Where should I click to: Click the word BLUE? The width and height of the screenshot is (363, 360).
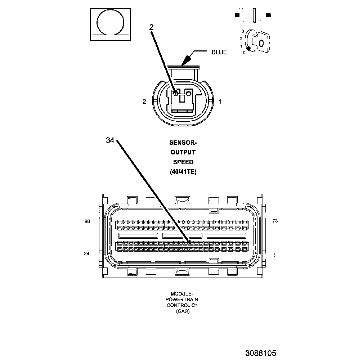tap(219, 53)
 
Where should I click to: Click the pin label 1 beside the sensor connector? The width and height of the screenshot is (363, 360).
tap(220, 102)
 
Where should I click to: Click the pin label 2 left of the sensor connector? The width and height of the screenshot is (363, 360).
tap(144, 102)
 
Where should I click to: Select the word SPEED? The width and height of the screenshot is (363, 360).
tap(183, 162)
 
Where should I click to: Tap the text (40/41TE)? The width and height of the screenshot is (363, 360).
tap(183, 172)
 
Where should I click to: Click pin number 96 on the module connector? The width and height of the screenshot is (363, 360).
tap(87, 221)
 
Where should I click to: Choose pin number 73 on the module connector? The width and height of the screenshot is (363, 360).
tap(275, 221)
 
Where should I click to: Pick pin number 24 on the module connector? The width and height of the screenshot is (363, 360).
tap(86, 254)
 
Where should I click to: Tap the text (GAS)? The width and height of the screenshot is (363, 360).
tap(183, 311)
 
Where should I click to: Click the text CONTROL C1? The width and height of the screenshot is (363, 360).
tap(183, 305)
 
